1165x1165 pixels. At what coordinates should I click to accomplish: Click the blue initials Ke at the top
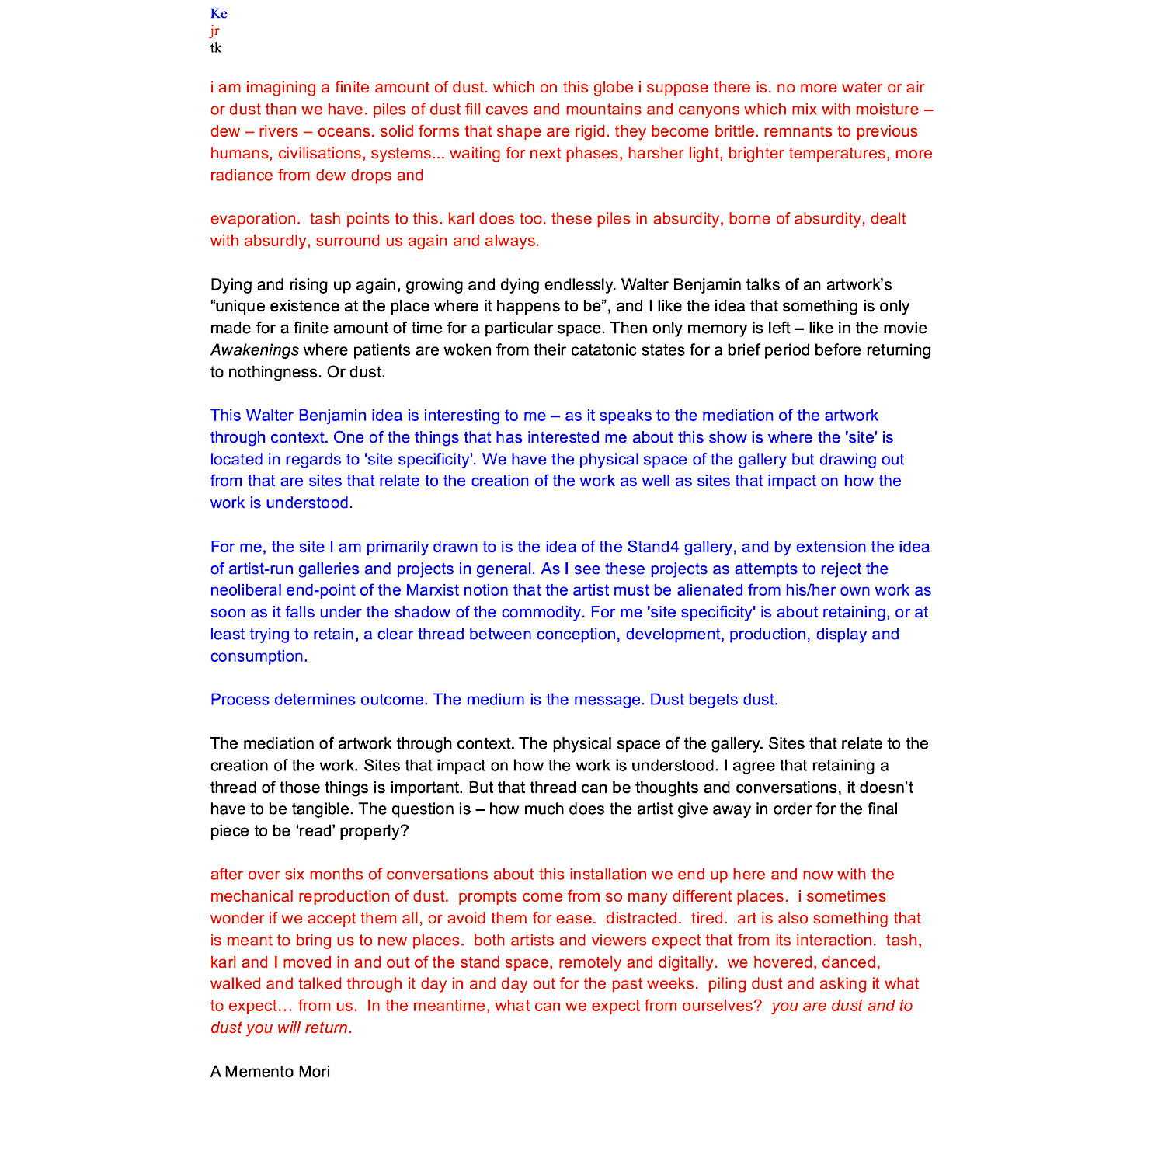click(218, 13)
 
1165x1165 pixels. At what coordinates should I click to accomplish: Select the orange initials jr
click(214, 31)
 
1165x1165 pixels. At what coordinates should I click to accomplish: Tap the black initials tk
click(215, 48)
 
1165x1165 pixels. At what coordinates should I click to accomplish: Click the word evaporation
click(255, 219)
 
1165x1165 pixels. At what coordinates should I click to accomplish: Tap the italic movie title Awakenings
click(254, 350)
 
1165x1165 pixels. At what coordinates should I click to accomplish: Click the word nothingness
click(274, 372)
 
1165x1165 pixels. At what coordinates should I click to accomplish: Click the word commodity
click(541, 612)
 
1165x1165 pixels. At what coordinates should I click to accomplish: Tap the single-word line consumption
click(259, 656)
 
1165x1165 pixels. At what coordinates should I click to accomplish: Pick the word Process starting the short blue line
click(239, 700)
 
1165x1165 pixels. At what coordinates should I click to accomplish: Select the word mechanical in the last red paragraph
click(252, 896)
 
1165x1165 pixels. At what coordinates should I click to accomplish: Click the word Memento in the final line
click(261, 1072)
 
